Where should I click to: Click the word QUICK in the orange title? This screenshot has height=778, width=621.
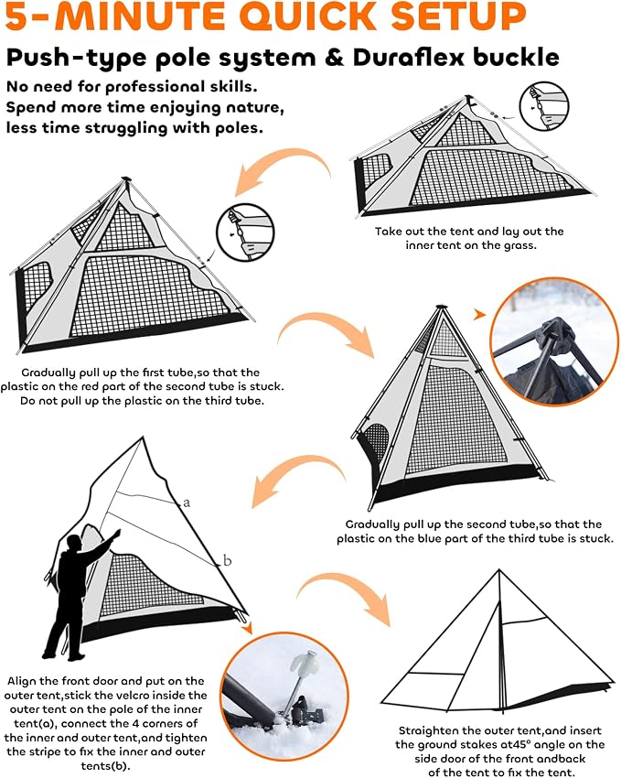point(310,16)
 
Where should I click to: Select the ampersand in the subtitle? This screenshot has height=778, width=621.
point(335,58)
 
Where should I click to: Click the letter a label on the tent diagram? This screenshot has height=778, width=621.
point(187,502)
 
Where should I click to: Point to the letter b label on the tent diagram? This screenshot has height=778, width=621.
point(227,560)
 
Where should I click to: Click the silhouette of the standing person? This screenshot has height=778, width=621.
point(79,596)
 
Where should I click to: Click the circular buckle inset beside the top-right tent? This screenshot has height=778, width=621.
point(543,107)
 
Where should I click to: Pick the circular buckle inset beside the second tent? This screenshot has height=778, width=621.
point(245,232)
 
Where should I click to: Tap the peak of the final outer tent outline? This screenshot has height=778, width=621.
point(499,570)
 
